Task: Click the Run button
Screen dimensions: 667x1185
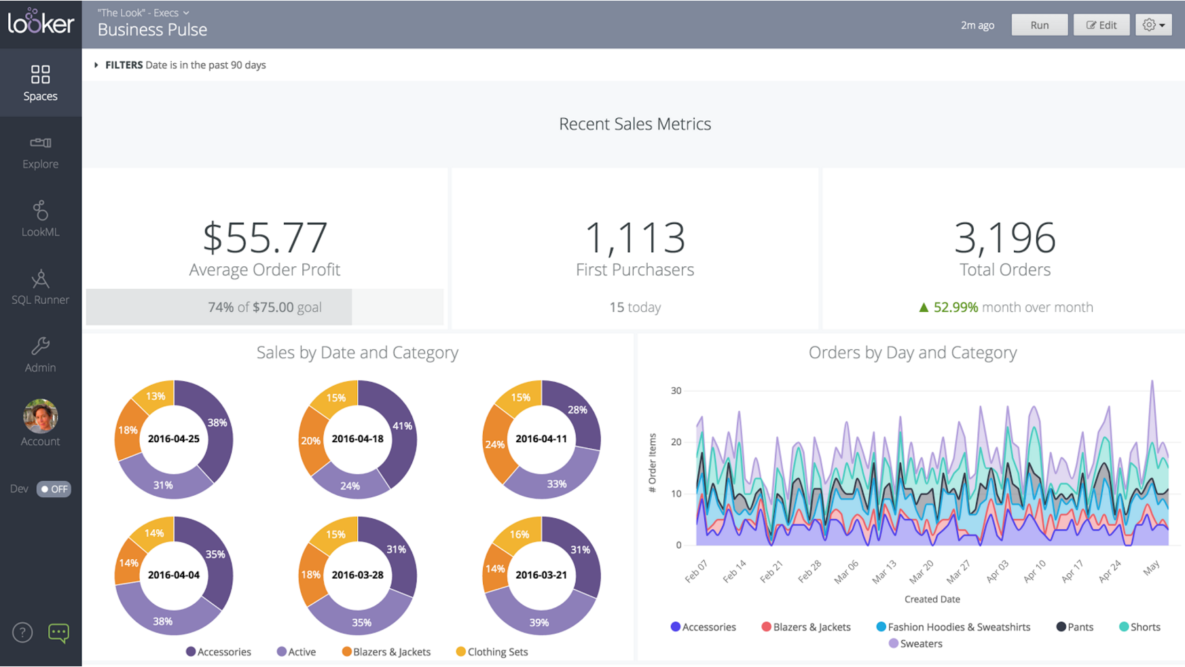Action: point(1039,25)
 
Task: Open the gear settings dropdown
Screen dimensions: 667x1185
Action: point(1153,25)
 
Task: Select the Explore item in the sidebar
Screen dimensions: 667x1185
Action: point(40,152)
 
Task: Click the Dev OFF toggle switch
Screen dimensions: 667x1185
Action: point(54,489)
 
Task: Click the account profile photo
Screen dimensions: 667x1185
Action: point(40,416)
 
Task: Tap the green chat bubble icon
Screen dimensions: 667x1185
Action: point(58,633)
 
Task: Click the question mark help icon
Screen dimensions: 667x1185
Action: point(22,633)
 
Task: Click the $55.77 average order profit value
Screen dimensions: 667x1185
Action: point(265,237)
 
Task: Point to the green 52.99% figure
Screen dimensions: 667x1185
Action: point(955,307)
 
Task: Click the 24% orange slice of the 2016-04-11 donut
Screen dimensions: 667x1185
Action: point(494,445)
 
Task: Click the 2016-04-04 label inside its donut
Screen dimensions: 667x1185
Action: point(174,575)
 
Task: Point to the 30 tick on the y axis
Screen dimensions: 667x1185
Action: point(676,391)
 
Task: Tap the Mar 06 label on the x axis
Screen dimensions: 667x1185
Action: point(846,572)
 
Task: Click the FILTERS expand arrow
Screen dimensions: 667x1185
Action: point(96,65)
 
